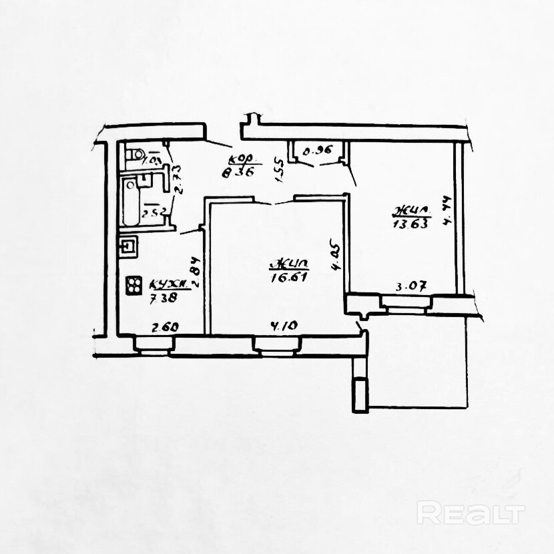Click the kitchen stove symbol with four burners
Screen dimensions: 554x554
(133, 286)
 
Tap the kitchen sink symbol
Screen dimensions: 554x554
(128, 248)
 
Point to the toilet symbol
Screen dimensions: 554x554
(132, 155)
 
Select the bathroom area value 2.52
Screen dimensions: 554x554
(154, 214)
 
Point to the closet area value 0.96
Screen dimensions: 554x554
(317, 152)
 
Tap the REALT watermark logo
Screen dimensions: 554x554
(471, 515)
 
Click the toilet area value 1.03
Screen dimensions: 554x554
(153, 160)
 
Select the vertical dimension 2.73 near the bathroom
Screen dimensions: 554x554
(178, 179)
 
